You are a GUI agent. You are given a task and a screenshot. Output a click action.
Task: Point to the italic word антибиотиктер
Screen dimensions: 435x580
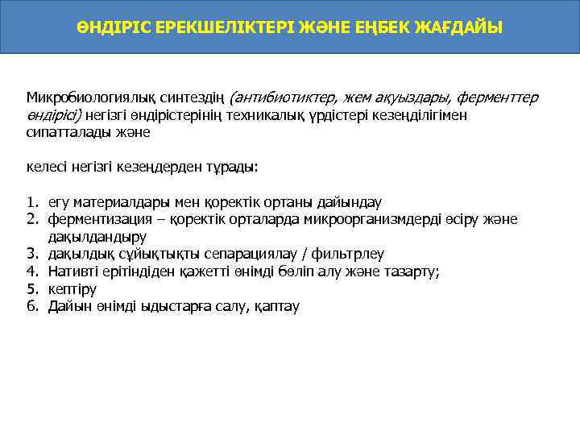277,98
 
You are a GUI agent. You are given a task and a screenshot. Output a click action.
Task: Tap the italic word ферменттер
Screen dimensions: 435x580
499,98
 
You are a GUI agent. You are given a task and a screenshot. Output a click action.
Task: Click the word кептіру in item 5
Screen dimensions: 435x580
72,289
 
